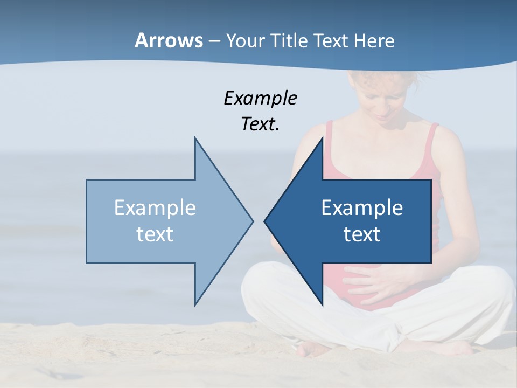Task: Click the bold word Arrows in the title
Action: click(169, 40)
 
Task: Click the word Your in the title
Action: click(246, 41)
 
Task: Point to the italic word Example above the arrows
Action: click(260, 99)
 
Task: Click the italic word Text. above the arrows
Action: click(260, 124)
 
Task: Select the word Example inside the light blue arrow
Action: click(155, 208)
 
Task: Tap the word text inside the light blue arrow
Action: click(155, 234)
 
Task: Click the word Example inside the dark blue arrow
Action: click(362, 208)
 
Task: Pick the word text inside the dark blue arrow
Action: click(362, 234)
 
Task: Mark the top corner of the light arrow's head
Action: click(195, 138)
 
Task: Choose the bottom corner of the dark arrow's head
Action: click(322, 305)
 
